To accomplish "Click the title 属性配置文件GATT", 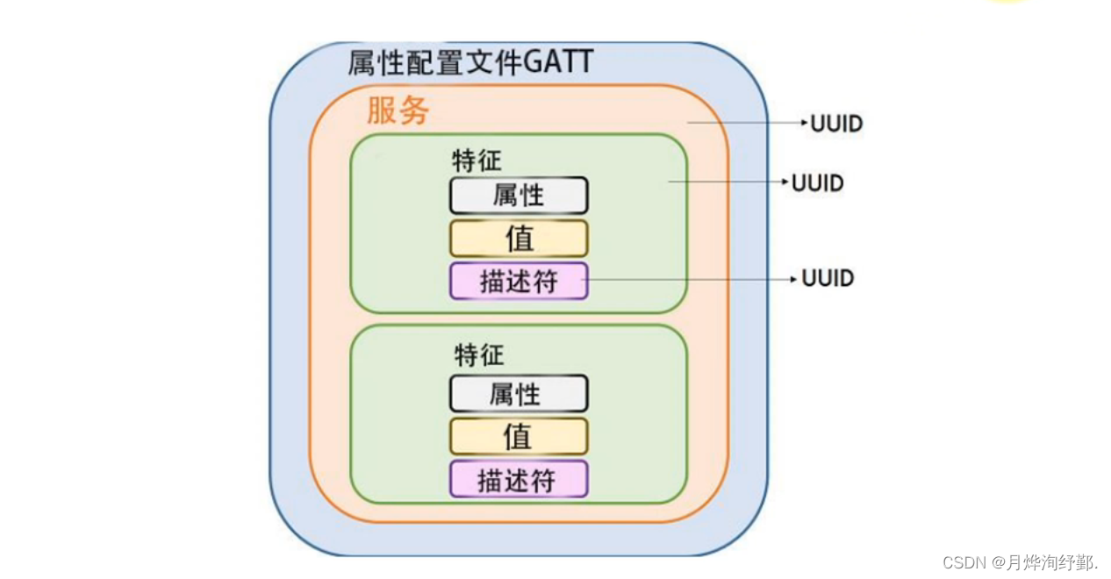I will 470,62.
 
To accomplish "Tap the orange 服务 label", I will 398,111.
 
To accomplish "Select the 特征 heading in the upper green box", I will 477,161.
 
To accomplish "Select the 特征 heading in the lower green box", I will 479,355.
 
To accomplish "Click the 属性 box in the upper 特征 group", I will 519,196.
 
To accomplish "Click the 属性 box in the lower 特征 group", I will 519,394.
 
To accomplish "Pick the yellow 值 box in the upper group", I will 519,239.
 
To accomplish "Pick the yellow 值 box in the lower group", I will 519,436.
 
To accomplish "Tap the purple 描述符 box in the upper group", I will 519,282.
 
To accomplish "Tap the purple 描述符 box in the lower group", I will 519,480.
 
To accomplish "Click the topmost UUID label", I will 836,124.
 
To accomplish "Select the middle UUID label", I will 817,183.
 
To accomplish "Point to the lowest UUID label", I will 828,279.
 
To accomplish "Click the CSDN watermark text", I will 1020,562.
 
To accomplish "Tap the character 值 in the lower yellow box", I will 518,436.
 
